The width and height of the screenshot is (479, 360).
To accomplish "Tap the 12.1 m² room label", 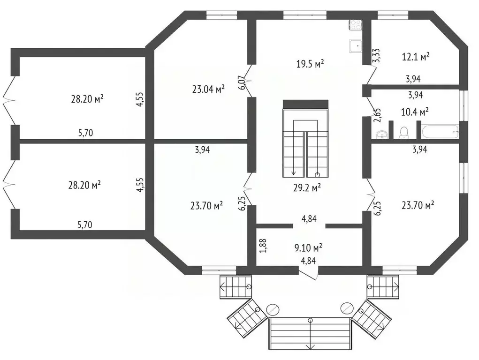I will [x=416, y=57].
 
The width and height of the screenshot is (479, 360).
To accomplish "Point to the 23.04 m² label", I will [x=208, y=89].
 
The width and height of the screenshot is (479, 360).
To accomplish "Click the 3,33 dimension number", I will [x=376, y=56].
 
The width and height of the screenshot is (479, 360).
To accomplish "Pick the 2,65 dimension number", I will [x=377, y=115].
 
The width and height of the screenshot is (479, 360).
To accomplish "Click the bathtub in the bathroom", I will [x=439, y=132].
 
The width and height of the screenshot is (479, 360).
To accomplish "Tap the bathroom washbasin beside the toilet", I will [x=383, y=135].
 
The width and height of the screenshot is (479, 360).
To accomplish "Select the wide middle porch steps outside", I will [x=310, y=332].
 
